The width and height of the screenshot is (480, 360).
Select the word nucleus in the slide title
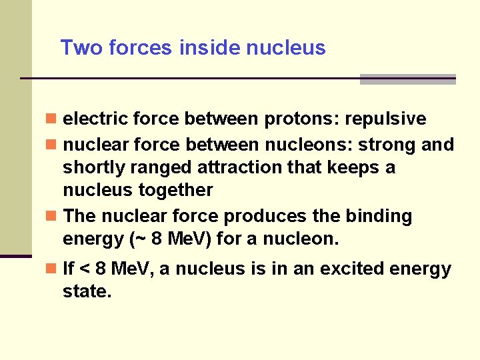click(x=286, y=48)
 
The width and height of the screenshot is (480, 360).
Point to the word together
click(x=175, y=190)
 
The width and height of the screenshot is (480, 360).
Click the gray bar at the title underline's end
click(x=407, y=79)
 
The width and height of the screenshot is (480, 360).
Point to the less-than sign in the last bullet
click(x=85, y=269)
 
